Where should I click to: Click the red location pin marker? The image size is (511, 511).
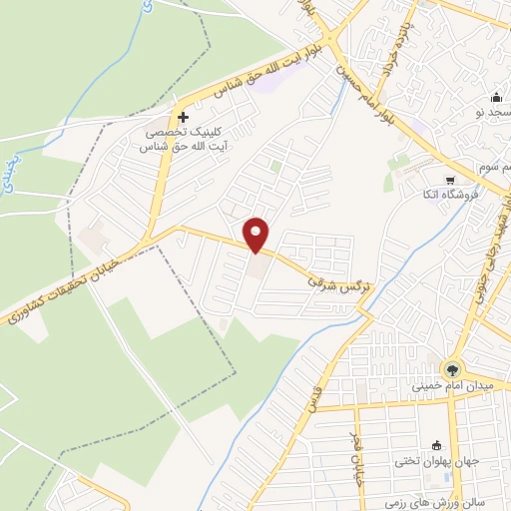257,234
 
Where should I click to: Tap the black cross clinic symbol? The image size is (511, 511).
183,117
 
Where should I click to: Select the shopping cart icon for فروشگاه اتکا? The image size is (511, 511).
450,181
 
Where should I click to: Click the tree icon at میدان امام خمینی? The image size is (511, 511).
453,368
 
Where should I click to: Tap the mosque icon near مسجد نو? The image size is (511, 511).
496,97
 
